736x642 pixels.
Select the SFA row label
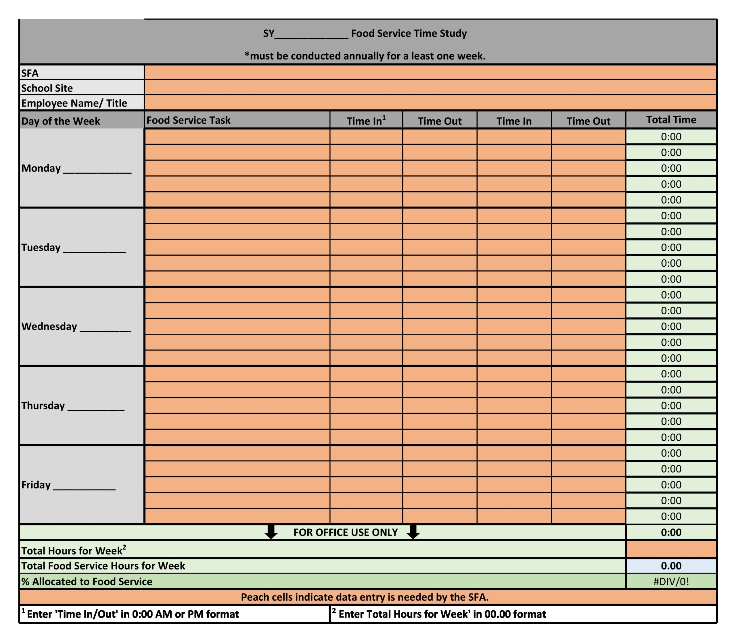tap(30, 73)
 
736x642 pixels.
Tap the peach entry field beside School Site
tap(430, 87)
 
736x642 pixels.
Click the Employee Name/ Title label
tap(74, 103)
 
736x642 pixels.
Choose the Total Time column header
tap(671, 120)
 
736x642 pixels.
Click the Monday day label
tap(41, 168)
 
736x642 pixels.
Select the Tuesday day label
tap(41, 247)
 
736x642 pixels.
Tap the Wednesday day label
tap(49, 326)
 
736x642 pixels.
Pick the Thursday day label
tap(43, 406)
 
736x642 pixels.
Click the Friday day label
tap(36, 485)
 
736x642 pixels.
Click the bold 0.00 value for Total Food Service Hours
tap(671, 566)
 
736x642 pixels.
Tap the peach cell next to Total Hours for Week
tap(671, 549)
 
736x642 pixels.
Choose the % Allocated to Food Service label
tap(87, 582)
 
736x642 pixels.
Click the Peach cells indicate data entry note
tap(365, 597)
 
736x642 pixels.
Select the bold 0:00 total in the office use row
tap(671, 532)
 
